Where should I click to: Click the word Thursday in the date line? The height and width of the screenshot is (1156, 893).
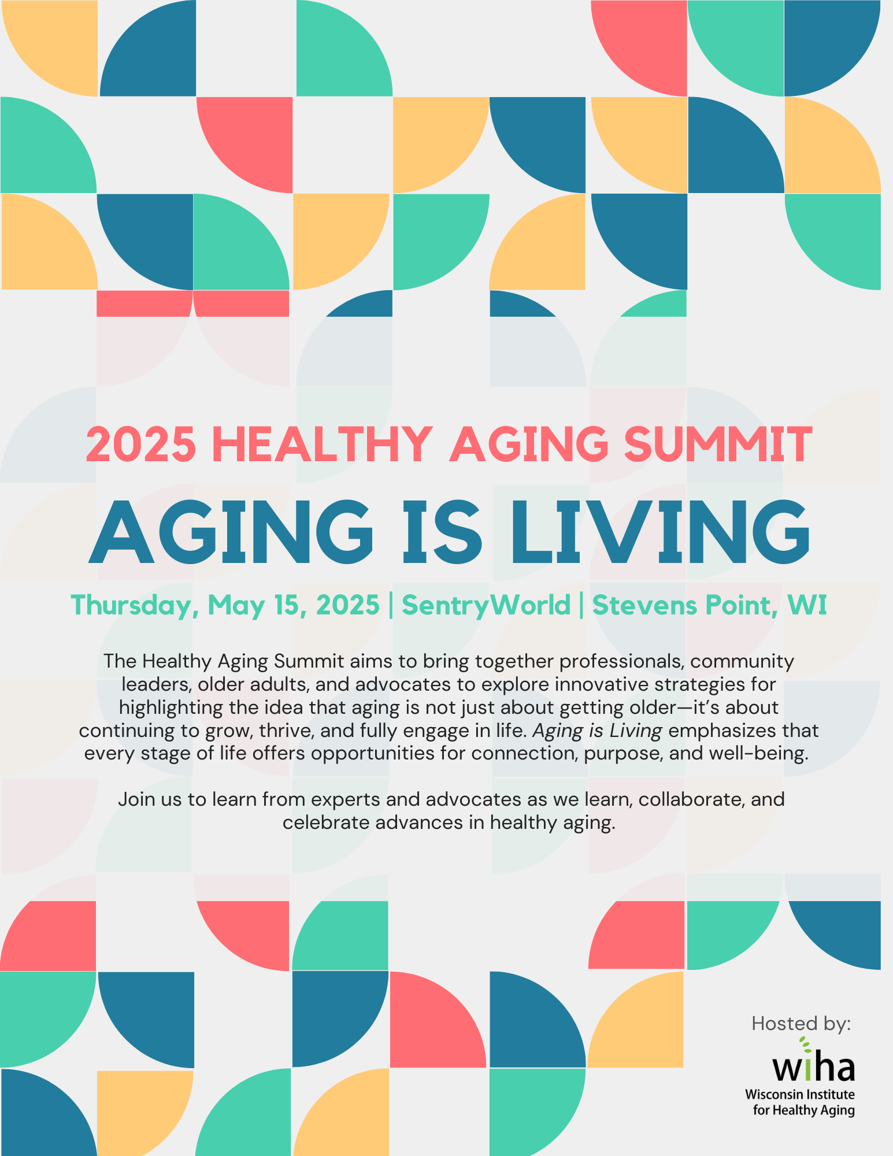click(134, 606)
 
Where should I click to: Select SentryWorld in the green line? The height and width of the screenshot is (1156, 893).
click(486, 605)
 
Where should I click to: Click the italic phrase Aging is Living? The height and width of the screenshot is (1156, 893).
click(597, 731)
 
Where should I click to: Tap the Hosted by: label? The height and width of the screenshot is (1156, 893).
click(801, 1024)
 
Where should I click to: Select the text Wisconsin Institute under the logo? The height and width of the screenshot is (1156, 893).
click(800, 1094)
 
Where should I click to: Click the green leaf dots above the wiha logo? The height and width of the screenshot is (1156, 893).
click(805, 1044)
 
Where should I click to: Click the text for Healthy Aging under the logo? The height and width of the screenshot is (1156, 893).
click(804, 1110)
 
